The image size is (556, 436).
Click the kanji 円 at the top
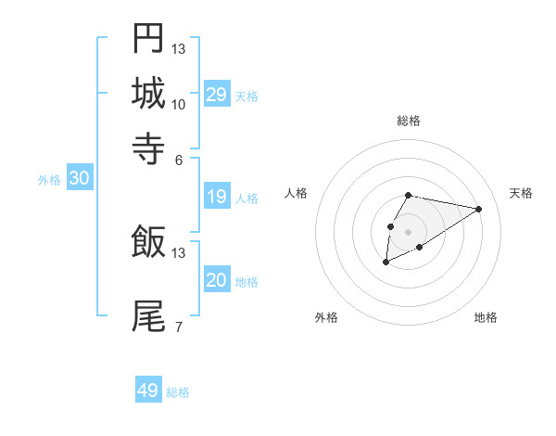click(x=148, y=39)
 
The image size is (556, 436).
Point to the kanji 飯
click(x=148, y=242)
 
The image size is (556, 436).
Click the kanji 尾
click(x=148, y=315)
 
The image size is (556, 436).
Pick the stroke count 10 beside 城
click(x=179, y=104)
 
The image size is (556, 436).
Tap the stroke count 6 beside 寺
click(x=179, y=159)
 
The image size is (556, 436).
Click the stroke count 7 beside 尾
click(x=179, y=327)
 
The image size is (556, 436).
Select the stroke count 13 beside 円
click(x=179, y=49)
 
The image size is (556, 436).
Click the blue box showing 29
click(x=217, y=95)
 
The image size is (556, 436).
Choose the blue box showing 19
click(x=217, y=197)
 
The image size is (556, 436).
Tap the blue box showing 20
click(x=217, y=281)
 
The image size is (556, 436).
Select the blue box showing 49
click(x=148, y=391)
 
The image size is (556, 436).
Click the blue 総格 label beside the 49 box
click(x=179, y=392)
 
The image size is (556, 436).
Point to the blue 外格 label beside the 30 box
click(x=49, y=180)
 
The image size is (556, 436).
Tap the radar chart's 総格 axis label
click(x=409, y=121)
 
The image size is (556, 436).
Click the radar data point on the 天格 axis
click(x=479, y=209)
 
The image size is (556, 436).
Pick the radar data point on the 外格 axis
click(x=385, y=263)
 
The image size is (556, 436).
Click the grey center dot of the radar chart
click(x=408, y=230)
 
